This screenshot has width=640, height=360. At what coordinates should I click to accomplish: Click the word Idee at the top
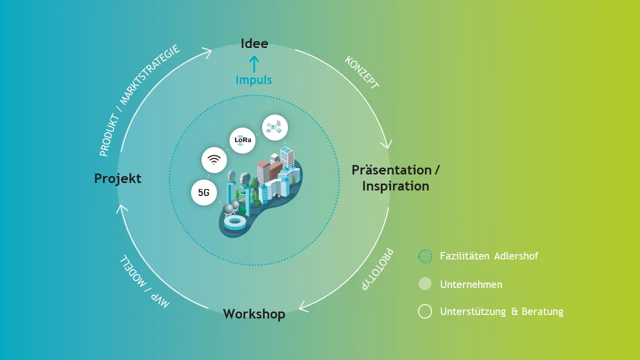tap(254, 43)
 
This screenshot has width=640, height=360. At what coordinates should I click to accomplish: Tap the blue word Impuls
tap(253, 80)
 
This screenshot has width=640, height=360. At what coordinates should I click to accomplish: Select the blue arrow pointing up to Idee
tap(254, 63)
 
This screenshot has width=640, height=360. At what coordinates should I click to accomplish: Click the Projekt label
tap(117, 179)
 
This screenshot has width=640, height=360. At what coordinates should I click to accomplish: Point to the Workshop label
tap(254, 314)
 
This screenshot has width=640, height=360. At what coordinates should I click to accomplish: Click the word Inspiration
tap(395, 186)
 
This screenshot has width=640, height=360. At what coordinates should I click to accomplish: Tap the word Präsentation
tap(391, 170)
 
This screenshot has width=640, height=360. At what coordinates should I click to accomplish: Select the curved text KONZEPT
tap(362, 72)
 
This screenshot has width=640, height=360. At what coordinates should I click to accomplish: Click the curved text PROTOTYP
tap(377, 269)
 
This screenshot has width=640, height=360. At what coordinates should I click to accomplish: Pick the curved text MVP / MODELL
tap(144, 281)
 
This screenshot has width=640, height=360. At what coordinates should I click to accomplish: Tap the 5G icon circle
tap(204, 192)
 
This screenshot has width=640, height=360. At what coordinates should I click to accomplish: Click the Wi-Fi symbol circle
tap(214, 160)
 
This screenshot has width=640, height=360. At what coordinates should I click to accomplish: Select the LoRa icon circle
tap(242, 140)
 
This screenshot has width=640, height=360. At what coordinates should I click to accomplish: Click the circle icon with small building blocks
tap(275, 127)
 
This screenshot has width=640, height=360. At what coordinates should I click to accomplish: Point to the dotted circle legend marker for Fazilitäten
tap(425, 256)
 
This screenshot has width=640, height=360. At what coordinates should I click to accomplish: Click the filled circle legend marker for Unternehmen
tap(425, 283)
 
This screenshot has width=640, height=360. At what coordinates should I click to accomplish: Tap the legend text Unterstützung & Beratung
tap(501, 311)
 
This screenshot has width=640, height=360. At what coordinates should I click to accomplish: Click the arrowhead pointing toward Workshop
tap(303, 306)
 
